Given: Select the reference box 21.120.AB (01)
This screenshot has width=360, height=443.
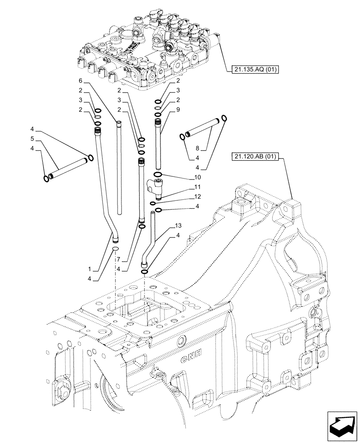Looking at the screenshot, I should tap(254, 156).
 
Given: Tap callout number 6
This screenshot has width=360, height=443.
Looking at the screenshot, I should tap(81, 81).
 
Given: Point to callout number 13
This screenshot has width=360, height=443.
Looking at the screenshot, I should tap(178, 225).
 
